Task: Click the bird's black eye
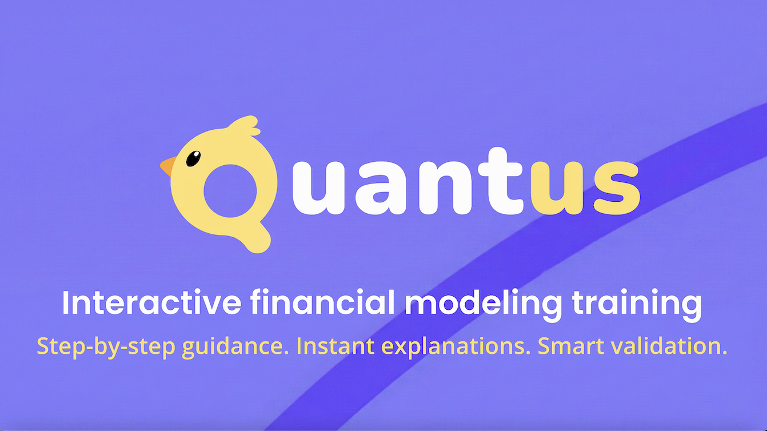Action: click(x=194, y=158)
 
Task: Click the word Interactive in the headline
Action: click(x=151, y=304)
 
